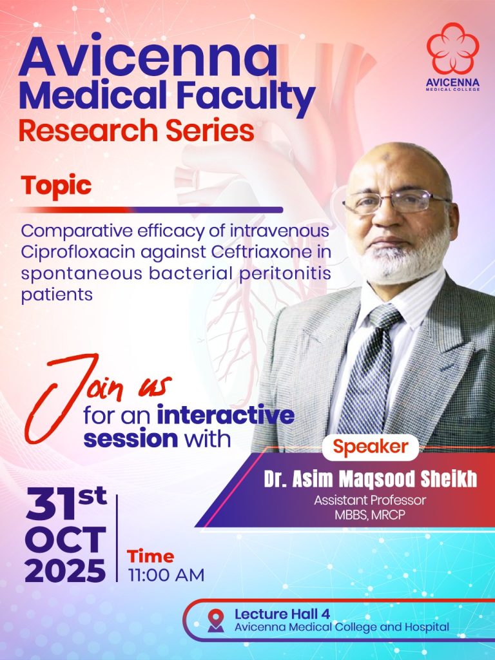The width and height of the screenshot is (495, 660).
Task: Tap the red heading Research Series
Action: click(x=136, y=131)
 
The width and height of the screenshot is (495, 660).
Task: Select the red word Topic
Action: click(x=56, y=186)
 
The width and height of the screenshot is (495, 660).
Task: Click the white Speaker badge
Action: click(x=370, y=447)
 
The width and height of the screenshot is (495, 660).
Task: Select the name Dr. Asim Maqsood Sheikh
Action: click(x=370, y=480)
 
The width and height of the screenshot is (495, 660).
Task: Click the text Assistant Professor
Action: click(x=369, y=500)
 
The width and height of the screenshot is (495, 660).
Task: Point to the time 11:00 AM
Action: click(x=166, y=574)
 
